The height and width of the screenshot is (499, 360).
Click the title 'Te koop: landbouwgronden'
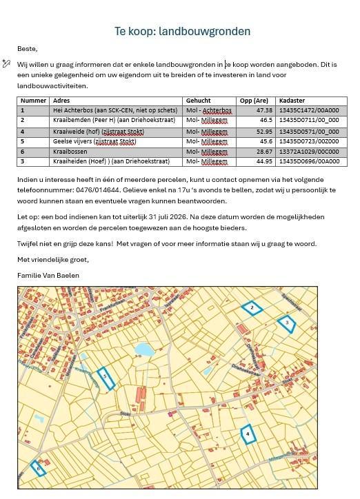click(182, 32)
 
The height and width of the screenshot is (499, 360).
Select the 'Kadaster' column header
click(292, 101)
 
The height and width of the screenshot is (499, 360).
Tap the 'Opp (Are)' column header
click(253, 101)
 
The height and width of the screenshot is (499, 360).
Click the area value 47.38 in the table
click(264, 110)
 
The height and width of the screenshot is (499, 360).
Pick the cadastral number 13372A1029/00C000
click(308, 152)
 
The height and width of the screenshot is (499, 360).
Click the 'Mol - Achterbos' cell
click(209, 110)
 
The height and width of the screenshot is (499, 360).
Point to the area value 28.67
click(264, 152)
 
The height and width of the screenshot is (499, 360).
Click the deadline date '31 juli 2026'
click(179, 216)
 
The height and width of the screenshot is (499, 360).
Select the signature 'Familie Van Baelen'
click(48, 275)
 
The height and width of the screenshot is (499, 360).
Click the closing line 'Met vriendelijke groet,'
click(53, 260)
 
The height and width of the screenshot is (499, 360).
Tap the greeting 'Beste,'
click(27, 49)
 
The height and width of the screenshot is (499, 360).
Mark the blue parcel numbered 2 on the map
click(252, 308)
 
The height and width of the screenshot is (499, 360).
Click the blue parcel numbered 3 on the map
click(286, 322)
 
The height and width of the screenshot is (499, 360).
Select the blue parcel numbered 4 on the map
click(247, 434)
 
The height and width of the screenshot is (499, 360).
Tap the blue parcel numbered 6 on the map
click(39, 469)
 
